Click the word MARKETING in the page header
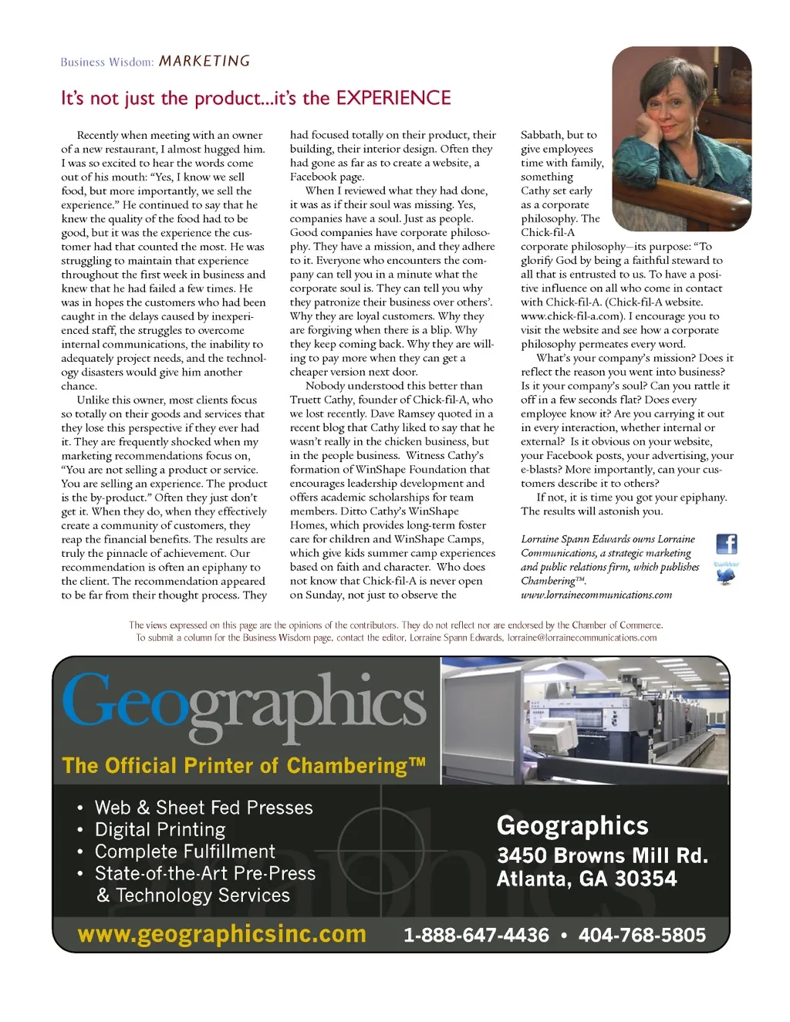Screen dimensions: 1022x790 [204, 61]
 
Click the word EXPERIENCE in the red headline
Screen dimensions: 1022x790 [393, 98]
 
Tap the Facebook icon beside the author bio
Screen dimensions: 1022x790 [726, 544]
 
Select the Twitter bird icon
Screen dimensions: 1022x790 [725, 575]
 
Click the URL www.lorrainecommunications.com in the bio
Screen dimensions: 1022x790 [596, 595]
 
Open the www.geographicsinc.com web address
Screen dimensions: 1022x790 [222, 934]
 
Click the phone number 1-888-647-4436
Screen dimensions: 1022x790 [476, 936]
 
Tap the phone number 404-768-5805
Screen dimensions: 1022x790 [642, 936]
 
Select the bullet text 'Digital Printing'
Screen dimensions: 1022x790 [160, 830]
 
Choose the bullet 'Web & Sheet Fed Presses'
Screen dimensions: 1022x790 [204, 808]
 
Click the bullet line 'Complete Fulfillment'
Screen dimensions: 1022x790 [184, 852]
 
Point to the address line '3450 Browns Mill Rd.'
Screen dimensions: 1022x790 [602, 856]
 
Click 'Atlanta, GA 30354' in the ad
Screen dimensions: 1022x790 [586, 879]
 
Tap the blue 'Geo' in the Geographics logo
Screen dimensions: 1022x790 [123, 702]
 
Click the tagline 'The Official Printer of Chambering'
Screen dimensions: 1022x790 [243, 766]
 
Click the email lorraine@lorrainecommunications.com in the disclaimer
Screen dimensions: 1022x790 [582, 638]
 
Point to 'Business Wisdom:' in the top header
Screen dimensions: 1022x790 [106, 62]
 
